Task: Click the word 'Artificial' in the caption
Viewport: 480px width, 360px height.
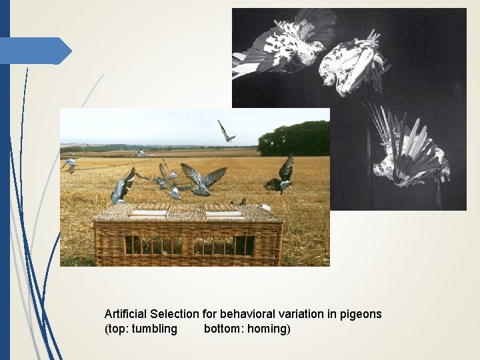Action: pos(126,313)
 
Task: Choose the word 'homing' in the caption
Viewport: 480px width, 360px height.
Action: pos(268,329)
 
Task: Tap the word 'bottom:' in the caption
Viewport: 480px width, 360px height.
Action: pos(223,329)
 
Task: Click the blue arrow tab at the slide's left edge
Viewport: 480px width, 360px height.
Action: pos(37,51)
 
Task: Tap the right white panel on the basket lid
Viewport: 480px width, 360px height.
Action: pos(223,214)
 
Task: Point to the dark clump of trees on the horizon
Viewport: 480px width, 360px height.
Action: pos(293,139)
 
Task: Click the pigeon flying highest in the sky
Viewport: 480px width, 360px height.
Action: pos(227,131)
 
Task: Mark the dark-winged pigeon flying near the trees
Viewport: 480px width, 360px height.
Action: pos(281,175)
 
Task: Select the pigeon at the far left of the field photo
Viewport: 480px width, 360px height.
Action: pos(69,164)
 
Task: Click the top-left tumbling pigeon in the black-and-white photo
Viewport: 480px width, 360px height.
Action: pos(283,43)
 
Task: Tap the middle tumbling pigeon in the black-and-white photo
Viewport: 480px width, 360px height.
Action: pos(352,63)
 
